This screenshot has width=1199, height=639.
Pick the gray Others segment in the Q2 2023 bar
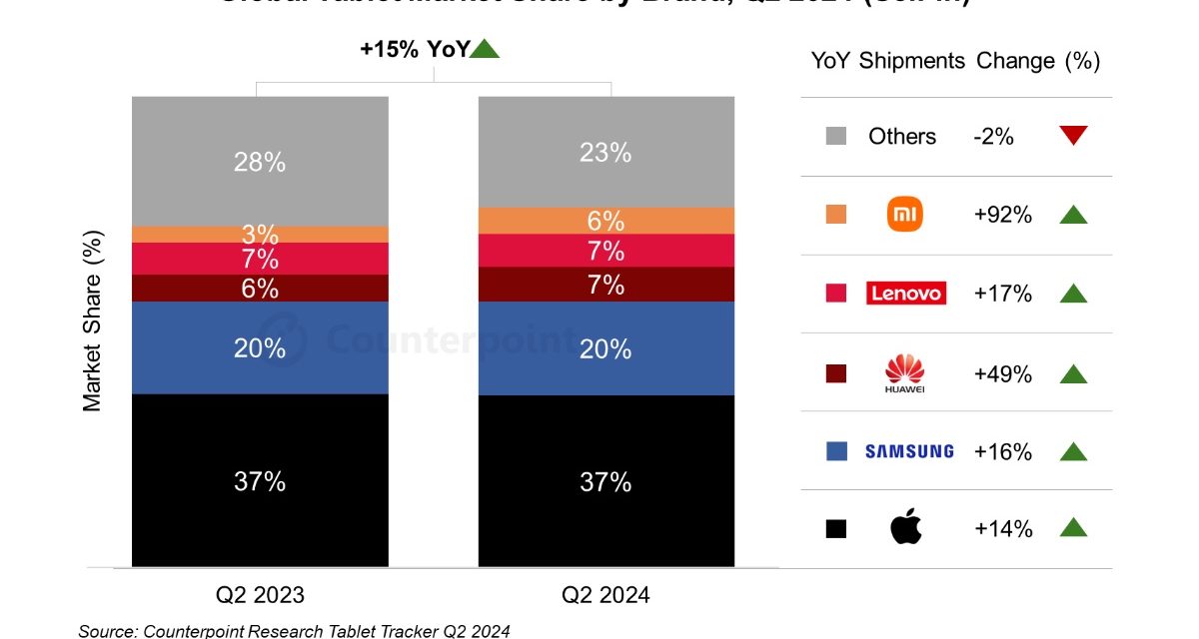(260, 190)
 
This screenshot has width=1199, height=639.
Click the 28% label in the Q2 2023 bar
(260, 162)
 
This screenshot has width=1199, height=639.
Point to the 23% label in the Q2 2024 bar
(605, 153)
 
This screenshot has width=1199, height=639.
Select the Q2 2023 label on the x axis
(260, 595)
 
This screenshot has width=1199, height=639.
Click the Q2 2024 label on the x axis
(605, 595)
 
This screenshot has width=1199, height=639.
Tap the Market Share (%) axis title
(92, 320)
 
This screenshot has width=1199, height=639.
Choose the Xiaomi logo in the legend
(905, 215)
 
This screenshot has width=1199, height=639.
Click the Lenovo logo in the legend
(905, 294)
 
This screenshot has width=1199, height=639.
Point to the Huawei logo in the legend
(905, 373)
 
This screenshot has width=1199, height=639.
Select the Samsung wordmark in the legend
(909, 451)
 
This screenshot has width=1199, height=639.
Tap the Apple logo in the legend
(905, 528)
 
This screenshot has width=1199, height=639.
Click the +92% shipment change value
(1003, 215)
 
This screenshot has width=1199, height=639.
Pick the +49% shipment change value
(1003, 373)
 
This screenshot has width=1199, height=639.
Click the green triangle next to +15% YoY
(485, 48)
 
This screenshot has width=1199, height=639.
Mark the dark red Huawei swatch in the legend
(836, 373)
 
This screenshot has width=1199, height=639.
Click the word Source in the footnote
(107, 630)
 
